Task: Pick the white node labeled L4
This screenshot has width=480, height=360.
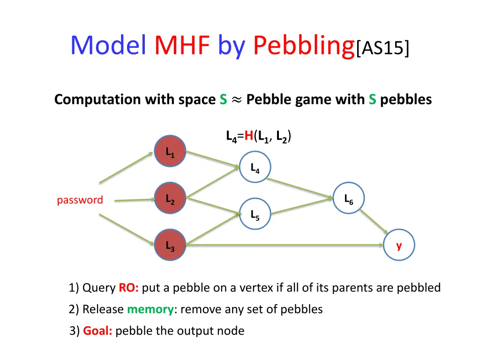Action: (x=255, y=167)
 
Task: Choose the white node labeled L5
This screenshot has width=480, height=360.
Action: (x=255, y=214)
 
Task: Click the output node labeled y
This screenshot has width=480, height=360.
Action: (x=399, y=245)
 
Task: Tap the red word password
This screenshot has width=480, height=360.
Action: (x=80, y=200)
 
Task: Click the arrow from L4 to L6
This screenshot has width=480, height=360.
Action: (x=300, y=187)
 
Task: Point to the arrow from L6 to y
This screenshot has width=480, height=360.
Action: (x=374, y=221)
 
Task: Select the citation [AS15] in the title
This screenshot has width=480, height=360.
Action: (x=383, y=47)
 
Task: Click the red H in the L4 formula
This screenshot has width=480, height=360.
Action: (x=248, y=136)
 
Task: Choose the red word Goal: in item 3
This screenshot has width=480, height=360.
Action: (x=97, y=331)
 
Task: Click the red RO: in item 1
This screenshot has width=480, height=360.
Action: (x=128, y=288)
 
